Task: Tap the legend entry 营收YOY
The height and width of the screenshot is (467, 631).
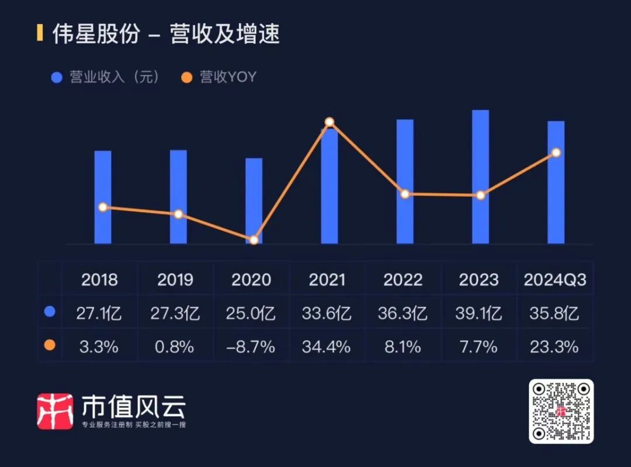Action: (220, 77)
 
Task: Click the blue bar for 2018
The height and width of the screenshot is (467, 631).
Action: (103, 197)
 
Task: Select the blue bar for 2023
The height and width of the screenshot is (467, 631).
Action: (480, 176)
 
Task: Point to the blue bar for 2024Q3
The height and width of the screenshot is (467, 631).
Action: (556, 182)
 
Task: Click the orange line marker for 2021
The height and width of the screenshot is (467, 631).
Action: (330, 122)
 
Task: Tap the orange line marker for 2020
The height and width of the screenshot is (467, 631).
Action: (254, 240)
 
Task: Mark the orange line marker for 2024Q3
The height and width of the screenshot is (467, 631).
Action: (556, 152)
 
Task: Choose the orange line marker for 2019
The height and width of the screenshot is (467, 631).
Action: (178, 214)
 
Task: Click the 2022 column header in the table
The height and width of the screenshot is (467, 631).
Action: (403, 280)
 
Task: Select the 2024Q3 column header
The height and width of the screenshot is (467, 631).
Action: (555, 280)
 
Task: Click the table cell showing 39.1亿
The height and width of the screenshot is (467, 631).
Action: (479, 313)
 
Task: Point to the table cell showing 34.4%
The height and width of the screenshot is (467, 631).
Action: (327, 347)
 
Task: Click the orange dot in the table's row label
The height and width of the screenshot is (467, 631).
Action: (50, 346)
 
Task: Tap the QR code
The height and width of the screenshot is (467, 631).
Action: (561, 411)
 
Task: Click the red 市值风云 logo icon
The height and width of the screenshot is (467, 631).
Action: (55, 411)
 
